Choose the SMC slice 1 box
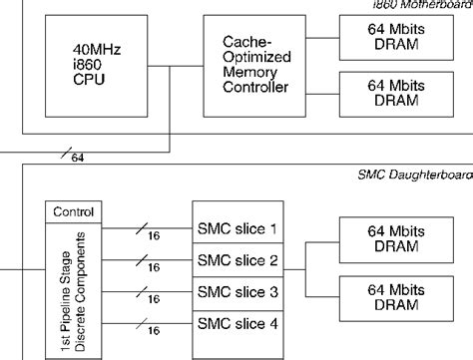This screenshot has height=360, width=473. (x=238, y=228)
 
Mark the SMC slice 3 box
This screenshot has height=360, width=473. (x=238, y=291)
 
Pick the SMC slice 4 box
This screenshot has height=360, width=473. (x=238, y=323)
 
